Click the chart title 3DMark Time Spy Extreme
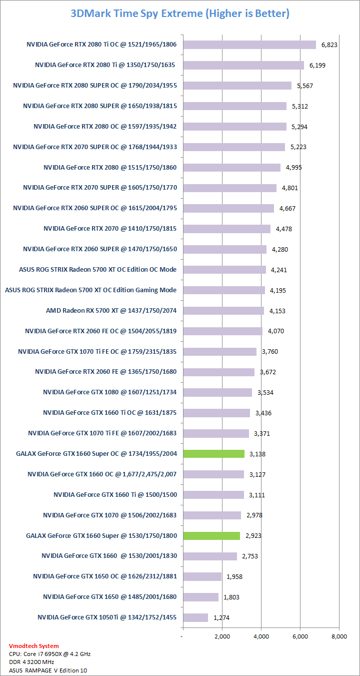coord(180,14)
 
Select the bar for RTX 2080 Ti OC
coord(249,45)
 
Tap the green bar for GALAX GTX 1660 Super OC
coord(214,454)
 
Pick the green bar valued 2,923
coord(212,535)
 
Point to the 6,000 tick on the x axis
coord(300,636)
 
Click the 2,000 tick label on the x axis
coord(222,636)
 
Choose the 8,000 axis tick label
coord(339,636)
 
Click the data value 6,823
coord(329,45)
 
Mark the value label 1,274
coord(221,618)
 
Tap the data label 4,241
coord(279,270)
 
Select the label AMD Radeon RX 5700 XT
coord(111,311)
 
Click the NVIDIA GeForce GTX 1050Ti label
coord(107,617)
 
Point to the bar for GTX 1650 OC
coord(202,576)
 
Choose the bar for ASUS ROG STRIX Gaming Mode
coord(224,290)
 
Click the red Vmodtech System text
coord(33,646)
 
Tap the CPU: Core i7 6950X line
coord(49,654)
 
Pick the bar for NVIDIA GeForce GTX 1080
coord(217,392)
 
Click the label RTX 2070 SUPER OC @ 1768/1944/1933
coord(95,147)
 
